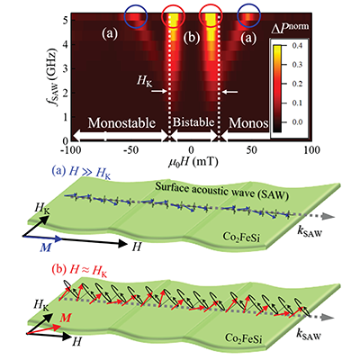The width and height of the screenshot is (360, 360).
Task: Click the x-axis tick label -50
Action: [131, 149]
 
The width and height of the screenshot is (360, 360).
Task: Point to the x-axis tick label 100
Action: [311, 149]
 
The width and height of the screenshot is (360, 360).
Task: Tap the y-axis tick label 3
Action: [65, 68]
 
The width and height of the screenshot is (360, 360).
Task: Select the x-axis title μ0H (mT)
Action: [193, 162]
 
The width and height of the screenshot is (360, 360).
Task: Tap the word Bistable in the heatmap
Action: [193, 122]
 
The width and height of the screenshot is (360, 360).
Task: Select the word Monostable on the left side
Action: [121, 123]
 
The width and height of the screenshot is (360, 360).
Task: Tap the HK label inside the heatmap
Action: [144, 82]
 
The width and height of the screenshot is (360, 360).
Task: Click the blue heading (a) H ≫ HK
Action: [81, 173]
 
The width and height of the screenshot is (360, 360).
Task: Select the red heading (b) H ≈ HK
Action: [80, 271]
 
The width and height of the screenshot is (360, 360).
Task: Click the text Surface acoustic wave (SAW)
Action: [221, 191]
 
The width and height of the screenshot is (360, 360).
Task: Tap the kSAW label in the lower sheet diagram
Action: [310, 335]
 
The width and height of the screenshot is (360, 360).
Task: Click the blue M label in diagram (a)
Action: [45, 248]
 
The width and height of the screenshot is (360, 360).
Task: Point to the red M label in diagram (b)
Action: [65, 317]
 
